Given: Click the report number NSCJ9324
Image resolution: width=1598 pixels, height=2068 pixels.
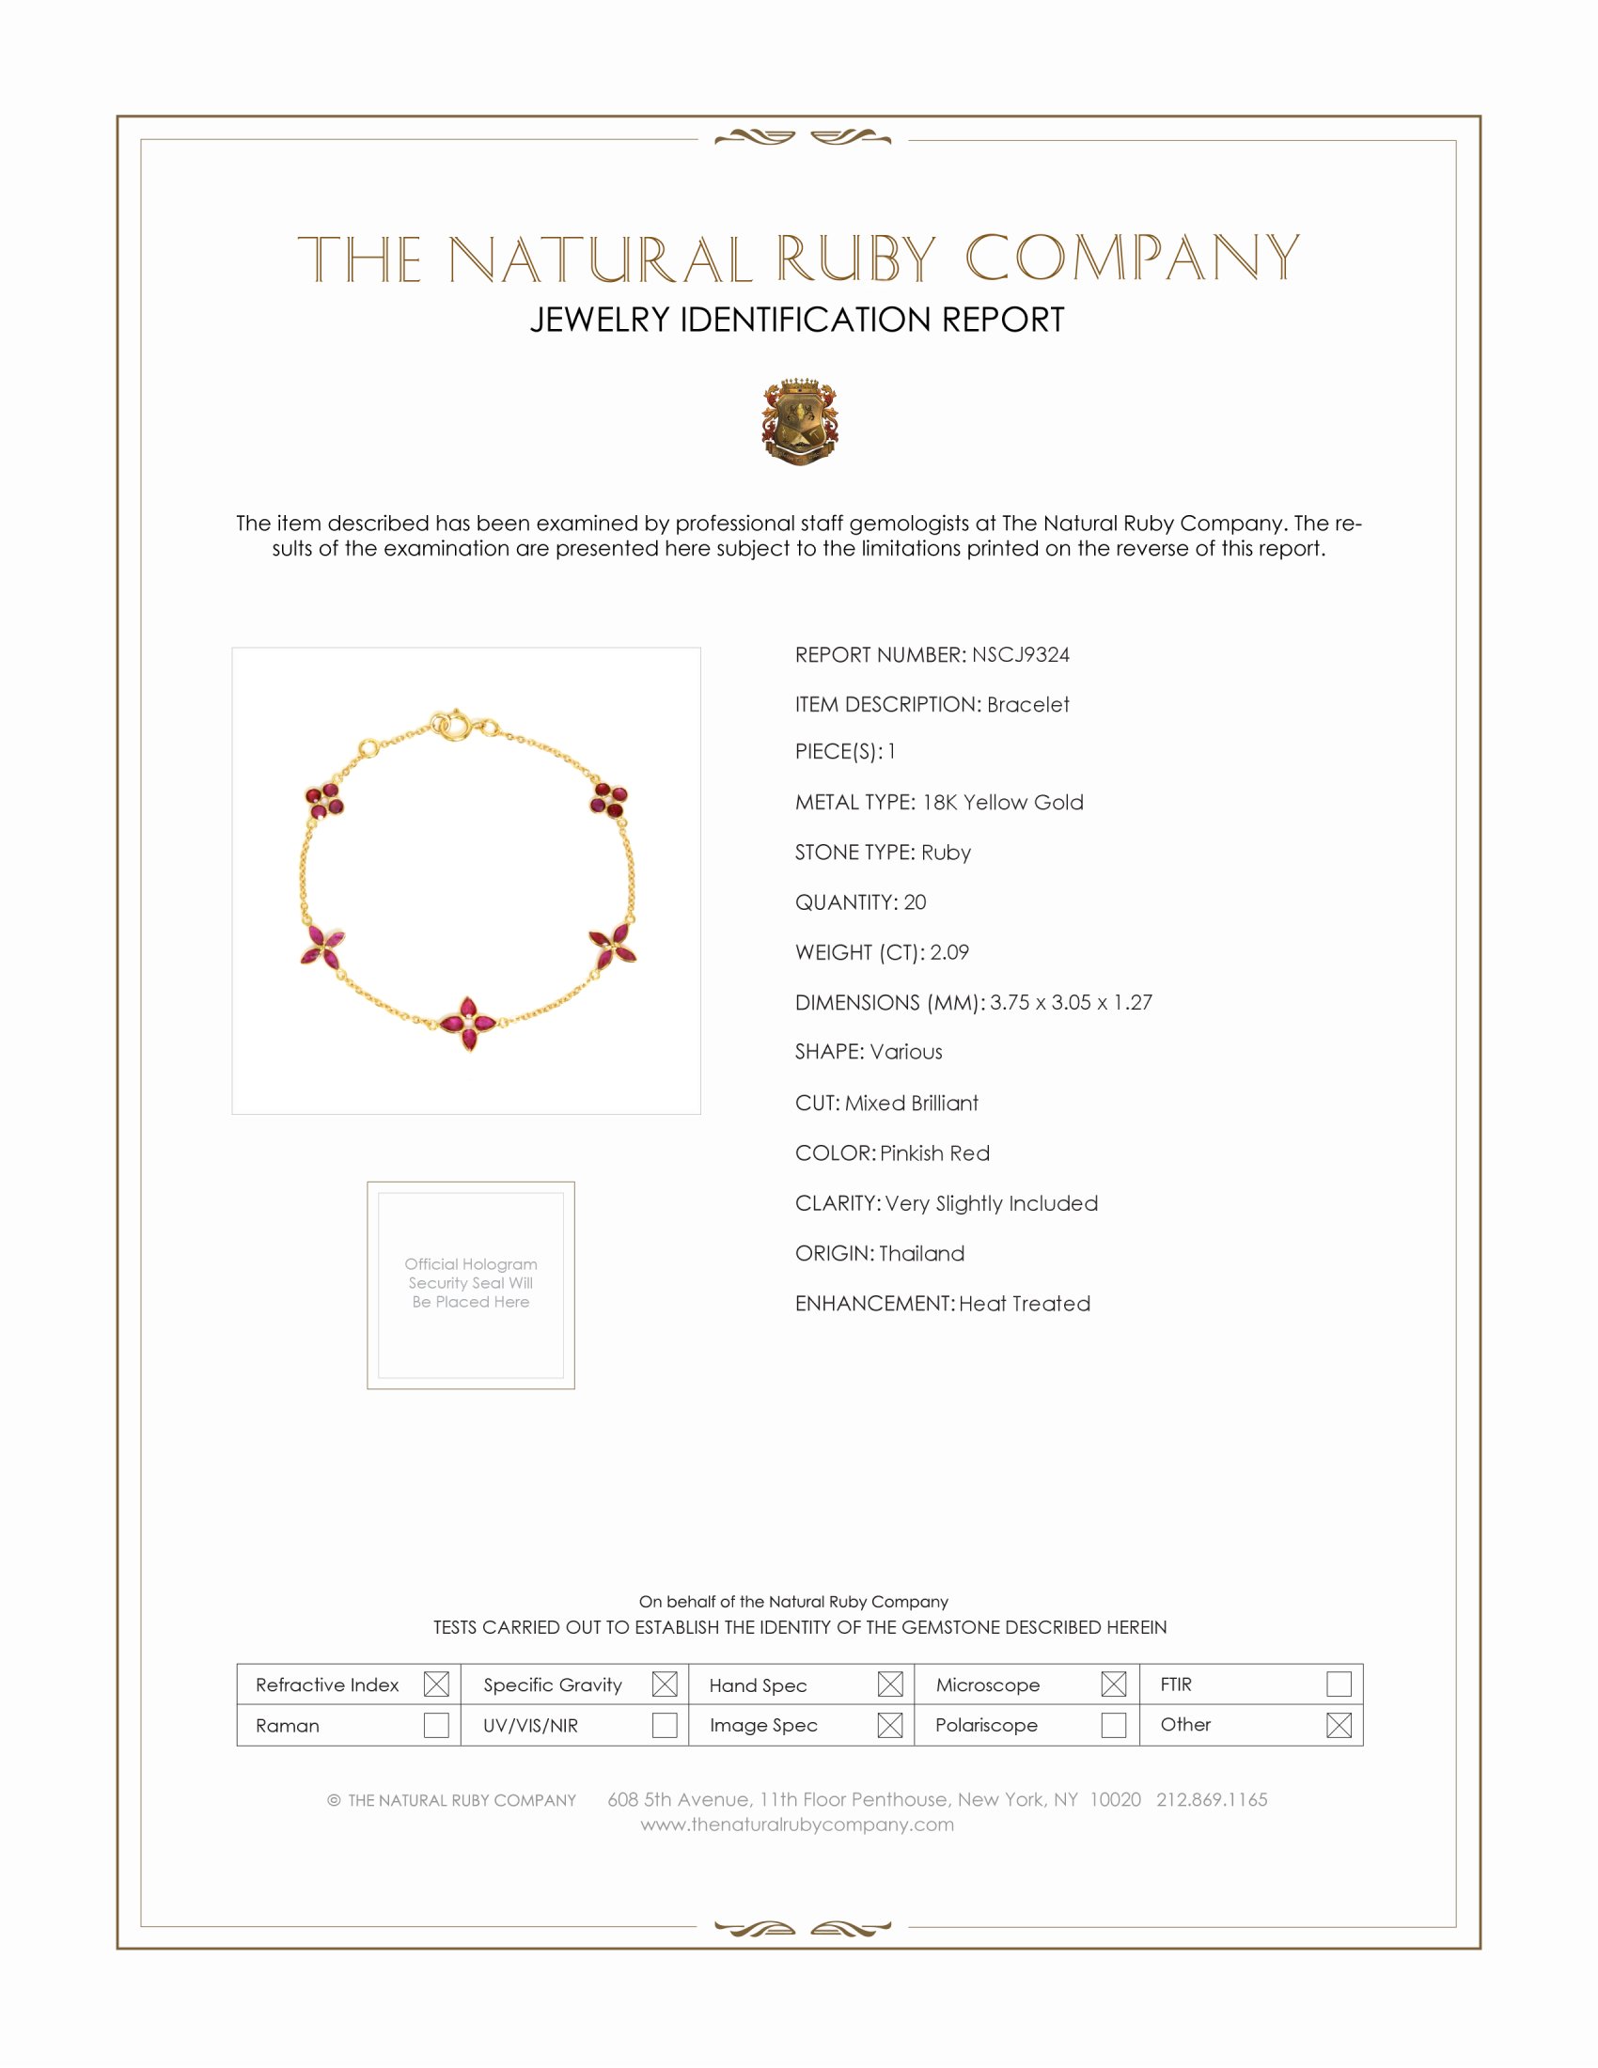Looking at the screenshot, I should [x=1020, y=655].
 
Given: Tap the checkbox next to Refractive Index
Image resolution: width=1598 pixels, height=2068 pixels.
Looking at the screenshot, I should [x=436, y=1684].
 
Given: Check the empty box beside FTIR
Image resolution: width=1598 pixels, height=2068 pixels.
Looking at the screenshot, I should [x=1339, y=1684].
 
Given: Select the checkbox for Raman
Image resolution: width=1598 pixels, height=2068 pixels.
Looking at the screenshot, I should [x=436, y=1725].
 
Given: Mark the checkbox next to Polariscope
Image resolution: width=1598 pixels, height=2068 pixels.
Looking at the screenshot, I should [x=1114, y=1725].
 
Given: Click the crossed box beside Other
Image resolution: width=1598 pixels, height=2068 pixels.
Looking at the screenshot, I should [x=1339, y=1725].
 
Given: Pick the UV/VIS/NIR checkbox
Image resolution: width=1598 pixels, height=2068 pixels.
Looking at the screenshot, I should [x=665, y=1725].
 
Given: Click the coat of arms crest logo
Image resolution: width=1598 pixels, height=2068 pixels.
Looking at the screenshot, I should [x=800, y=422].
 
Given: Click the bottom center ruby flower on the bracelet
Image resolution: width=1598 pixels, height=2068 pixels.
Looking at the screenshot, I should [x=468, y=1024].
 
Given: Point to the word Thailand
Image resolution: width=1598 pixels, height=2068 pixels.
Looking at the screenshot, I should [x=921, y=1254].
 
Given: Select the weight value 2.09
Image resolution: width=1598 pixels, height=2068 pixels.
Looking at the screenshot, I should [x=948, y=952].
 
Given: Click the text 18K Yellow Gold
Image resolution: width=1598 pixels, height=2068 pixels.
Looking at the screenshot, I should [x=1003, y=803].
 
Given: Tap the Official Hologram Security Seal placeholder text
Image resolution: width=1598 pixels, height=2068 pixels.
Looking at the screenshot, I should [x=471, y=1283].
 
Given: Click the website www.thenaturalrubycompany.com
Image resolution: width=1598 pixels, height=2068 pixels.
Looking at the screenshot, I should [x=797, y=1825].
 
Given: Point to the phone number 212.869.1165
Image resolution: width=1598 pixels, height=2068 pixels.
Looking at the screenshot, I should [x=1211, y=1800].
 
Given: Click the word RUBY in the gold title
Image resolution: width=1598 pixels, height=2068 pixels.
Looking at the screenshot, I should [x=855, y=258].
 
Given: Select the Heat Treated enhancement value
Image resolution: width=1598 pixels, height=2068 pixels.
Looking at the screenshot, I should [x=1025, y=1304].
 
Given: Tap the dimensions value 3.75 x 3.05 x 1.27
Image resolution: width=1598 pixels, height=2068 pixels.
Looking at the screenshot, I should [x=1071, y=1003].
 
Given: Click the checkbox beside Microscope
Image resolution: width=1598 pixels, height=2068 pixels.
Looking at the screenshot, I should [x=1114, y=1684].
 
